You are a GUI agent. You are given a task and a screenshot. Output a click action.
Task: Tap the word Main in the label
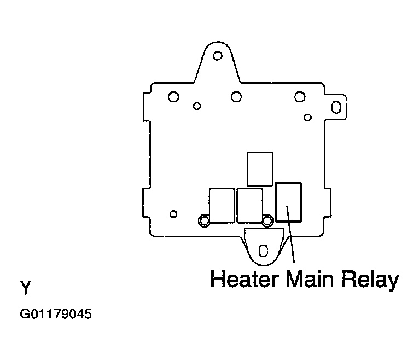[310, 278]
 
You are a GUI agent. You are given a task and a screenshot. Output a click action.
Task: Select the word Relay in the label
[370, 281]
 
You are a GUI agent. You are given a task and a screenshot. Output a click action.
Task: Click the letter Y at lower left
[26, 287]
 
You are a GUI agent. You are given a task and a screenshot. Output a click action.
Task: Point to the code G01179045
[56, 314]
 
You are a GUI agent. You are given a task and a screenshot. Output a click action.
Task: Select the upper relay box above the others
[260, 169]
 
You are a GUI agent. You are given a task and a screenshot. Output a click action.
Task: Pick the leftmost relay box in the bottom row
[222, 206]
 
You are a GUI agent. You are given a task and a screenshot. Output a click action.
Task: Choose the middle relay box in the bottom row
[249, 206]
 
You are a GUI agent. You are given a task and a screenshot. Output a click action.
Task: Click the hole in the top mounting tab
[218, 56]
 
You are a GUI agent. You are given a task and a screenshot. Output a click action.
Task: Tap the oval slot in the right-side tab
[336, 107]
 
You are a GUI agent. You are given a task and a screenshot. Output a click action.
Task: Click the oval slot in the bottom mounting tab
[264, 251]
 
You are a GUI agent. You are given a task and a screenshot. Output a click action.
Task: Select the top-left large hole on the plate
[173, 97]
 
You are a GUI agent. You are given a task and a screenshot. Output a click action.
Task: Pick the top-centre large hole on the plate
[236, 97]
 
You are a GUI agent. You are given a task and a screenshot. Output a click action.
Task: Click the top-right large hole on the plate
[300, 97]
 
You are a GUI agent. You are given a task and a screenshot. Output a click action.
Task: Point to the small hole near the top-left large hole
[197, 106]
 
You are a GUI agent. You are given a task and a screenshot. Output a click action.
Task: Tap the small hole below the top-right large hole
[307, 118]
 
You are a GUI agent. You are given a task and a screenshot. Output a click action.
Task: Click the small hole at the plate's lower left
[173, 214]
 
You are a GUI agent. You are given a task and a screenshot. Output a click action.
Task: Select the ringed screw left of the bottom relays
[204, 220]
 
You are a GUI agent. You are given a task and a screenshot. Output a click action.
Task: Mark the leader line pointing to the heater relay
[290, 234]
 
